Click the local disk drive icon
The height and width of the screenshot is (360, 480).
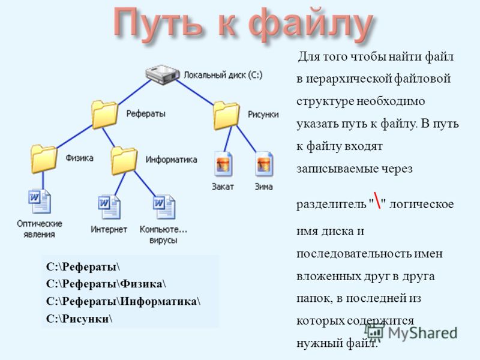tap(162, 74)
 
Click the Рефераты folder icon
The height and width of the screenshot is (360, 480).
tap(104, 115)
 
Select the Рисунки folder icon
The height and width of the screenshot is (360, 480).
tap(226, 116)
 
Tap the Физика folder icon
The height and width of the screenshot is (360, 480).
tap(44, 159)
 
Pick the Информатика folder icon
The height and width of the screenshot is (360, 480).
tap(124, 160)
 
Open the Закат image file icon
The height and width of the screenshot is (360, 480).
tap(223, 164)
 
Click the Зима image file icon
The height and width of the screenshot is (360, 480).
tap(264, 164)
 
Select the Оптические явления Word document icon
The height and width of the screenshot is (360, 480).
tap(40, 202)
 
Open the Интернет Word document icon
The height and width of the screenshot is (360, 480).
tap(109, 207)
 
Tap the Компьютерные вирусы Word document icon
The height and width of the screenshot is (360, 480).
tap(164, 207)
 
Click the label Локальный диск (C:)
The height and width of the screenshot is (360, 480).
tap(223, 75)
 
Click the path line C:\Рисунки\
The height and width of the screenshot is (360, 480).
tap(79, 319)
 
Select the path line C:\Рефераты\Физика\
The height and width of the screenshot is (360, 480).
tap(106, 284)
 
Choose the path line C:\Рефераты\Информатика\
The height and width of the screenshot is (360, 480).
tap(124, 301)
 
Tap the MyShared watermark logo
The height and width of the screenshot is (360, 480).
tap(411, 332)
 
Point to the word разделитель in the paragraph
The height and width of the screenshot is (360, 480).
tap(331, 204)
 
